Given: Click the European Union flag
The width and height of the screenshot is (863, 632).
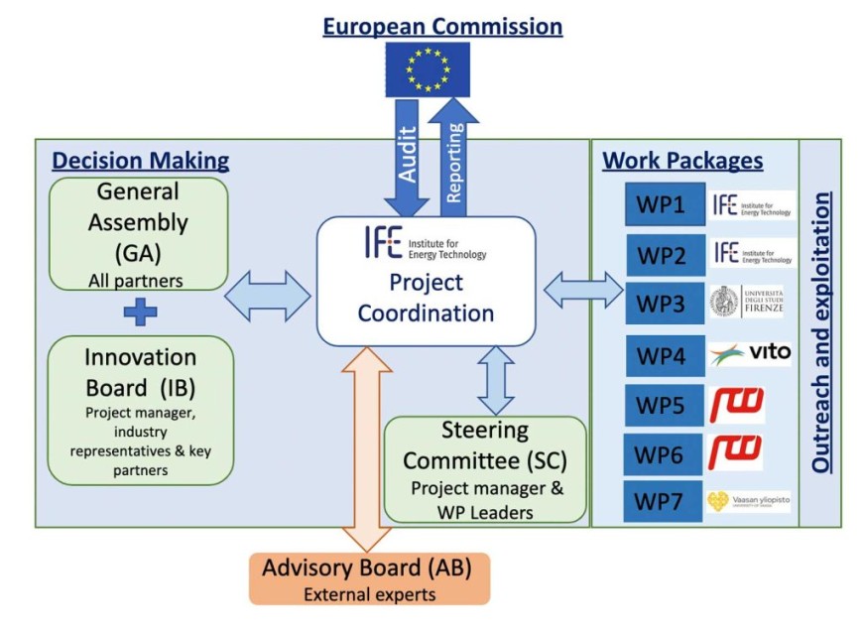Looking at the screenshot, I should tap(428, 69).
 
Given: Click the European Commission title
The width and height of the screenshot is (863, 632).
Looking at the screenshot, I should tap(442, 26).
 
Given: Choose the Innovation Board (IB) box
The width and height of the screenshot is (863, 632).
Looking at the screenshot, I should tap(140, 409).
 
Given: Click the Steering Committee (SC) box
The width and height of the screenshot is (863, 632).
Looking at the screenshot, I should tap(483, 469).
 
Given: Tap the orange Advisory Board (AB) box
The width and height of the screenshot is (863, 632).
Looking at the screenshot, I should tap(369, 578).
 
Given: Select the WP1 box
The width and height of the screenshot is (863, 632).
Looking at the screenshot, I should tap(665, 204).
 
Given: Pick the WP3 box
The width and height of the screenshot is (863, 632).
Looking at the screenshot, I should tap(665, 302).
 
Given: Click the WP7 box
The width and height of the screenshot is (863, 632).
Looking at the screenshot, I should tap(665, 501).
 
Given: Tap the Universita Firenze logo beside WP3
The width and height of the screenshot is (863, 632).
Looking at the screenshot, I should tap(752, 301).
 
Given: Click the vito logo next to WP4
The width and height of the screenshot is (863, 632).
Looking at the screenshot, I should tap(751, 353).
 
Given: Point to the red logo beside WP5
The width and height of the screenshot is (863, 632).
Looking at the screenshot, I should tap(736, 404).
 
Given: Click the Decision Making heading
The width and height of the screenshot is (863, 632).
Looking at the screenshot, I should tap(141, 161).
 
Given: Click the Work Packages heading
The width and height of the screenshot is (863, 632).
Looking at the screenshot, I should tap(682, 161).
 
